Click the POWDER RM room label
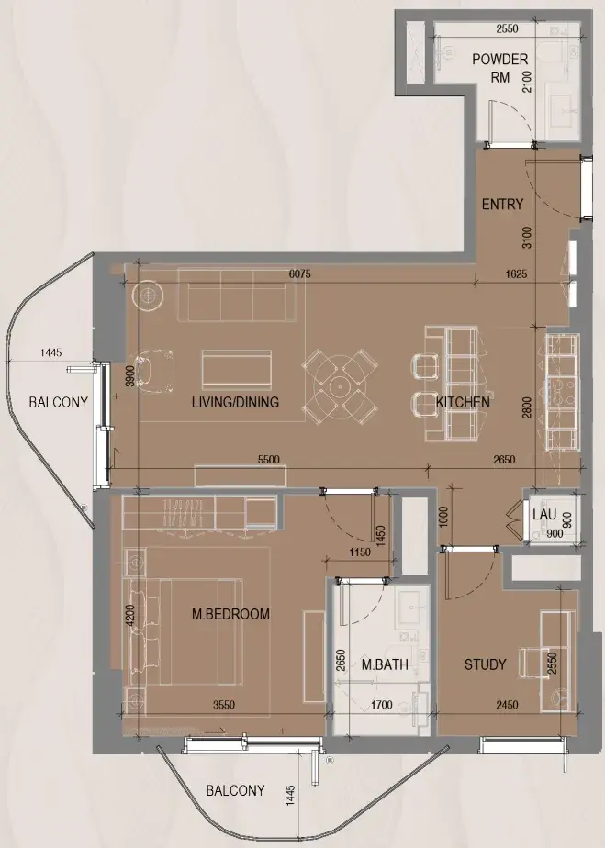(x=500, y=68)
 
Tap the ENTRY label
(x=503, y=204)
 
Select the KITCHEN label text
(x=463, y=402)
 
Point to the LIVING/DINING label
(x=235, y=402)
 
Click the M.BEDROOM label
(x=230, y=614)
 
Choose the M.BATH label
(x=385, y=664)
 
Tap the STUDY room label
(x=485, y=664)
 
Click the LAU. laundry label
(x=545, y=514)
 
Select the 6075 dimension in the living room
(x=300, y=273)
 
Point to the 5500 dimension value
(x=268, y=459)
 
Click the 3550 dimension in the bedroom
(x=223, y=705)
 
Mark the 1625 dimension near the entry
(x=516, y=273)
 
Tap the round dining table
(x=340, y=386)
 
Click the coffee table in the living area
(x=237, y=369)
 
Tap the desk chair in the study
(x=534, y=663)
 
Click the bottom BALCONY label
(x=235, y=790)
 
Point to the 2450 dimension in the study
(x=507, y=705)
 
